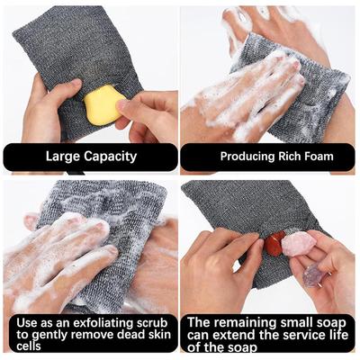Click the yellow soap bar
pos(102,105)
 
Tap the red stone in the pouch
pos(274,243)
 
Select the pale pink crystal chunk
pos(298,245)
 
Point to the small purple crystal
pos(312,275)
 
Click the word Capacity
pos(110,157)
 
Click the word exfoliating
pos(103,323)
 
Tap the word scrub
pos(152,323)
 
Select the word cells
pos(29,346)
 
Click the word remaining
pos(244,323)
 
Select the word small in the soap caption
pos(296,323)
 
